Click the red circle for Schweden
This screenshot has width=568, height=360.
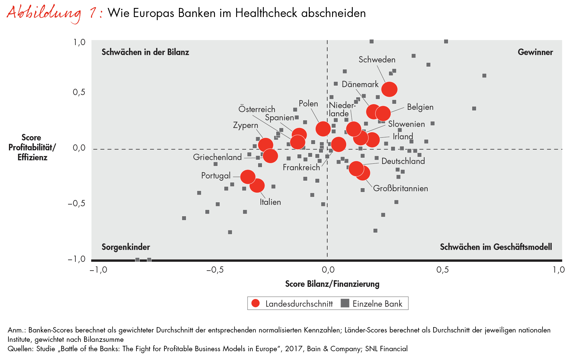pyautogui.click(x=389, y=89)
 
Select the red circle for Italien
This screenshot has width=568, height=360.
pyautogui.click(x=257, y=186)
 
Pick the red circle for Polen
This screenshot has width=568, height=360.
pyautogui.click(x=323, y=129)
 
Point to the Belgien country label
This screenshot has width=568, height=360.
pyautogui.click(x=420, y=107)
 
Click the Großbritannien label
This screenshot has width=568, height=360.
pyautogui.click(x=400, y=188)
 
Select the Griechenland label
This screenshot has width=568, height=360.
pyautogui.click(x=217, y=157)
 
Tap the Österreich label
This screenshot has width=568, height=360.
pyautogui.click(x=257, y=109)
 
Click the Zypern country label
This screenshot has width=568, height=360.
pyautogui.click(x=245, y=125)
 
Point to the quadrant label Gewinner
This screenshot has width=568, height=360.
pyautogui.click(x=535, y=52)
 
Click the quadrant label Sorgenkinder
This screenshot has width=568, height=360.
pyautogui.click(x=126, y=247)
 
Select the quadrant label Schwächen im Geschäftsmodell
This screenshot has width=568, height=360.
pyautogui.click(x=496, y=247)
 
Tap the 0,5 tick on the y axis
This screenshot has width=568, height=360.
pyautogui.click(x=79, y=92)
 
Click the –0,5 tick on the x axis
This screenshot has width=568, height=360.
pyautogui.click(x=215, y=270)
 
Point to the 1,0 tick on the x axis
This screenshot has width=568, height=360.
pyautogui.click(x=558, y=270)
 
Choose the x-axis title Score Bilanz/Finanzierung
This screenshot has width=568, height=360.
pyautogui.click(x=332, y=284)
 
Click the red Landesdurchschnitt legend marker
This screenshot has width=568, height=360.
pyautogui.click(x=256, y=303)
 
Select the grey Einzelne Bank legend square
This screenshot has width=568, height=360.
pyautogui.click(x=345, y=303)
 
